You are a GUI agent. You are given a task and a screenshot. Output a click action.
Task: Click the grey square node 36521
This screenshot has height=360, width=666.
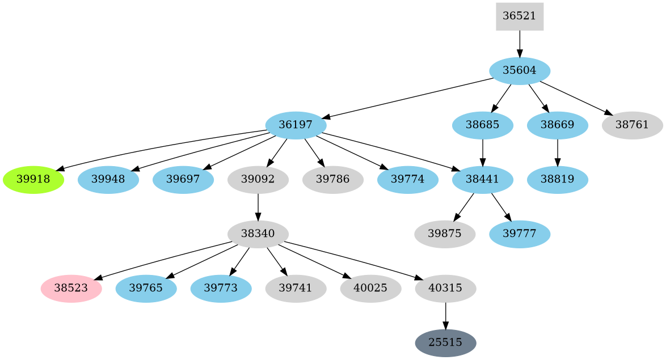coord(519,16)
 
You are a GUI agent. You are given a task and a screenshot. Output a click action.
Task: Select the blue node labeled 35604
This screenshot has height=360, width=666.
coord(520,71)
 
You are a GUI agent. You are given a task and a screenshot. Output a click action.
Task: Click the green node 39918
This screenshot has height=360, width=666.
coord(33,180)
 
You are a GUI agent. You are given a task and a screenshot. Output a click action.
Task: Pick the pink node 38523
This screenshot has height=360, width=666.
coord(71,289)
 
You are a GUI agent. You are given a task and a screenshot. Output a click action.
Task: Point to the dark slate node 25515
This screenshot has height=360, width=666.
coord(445,343)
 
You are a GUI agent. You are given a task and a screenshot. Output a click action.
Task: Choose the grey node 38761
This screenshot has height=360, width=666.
coord(631,125)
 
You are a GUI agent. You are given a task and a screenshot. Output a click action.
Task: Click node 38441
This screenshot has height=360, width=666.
coord(482,180)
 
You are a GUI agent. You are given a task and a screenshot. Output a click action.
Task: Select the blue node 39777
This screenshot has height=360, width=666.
coord(520,234)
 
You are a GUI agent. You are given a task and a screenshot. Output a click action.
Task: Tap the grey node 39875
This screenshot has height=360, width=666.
coord(445,234)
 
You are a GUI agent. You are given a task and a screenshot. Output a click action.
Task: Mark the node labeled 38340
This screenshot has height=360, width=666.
coord(258,234)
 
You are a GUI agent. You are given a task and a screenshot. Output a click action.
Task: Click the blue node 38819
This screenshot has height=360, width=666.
coord(557,180)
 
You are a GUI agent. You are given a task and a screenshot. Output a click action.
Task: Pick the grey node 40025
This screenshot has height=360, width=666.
coord(370,289)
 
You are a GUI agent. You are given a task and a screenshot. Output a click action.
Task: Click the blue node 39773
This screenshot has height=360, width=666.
coord(221,289)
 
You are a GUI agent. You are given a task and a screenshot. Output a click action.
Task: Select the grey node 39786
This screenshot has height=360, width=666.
coord(333,180)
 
